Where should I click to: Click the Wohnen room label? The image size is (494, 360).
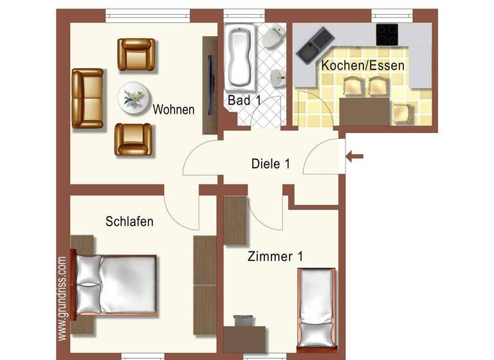tap(173, 110)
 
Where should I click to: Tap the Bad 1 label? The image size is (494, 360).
tap(244, 100)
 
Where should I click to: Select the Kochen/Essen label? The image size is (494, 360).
tap(363, 66)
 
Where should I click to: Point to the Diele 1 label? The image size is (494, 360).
tap(270, 164)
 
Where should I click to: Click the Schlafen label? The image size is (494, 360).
tap(129, 222)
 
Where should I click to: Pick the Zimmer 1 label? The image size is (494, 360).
tap(275, 256)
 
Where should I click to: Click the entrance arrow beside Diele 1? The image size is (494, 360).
tap(354, 156)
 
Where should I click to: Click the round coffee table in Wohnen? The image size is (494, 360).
tap(134, 98)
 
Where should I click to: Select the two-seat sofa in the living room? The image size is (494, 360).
tap(87, 98)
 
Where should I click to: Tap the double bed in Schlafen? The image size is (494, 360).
tap(116, 285)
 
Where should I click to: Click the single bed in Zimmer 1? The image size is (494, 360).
tap(316, 306)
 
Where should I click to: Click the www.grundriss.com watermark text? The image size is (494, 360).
tap(62, 299)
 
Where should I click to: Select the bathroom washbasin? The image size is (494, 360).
tap(277, 77)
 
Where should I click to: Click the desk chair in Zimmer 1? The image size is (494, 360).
tap(242, 321)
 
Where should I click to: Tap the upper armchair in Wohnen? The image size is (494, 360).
tap(136, 54)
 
